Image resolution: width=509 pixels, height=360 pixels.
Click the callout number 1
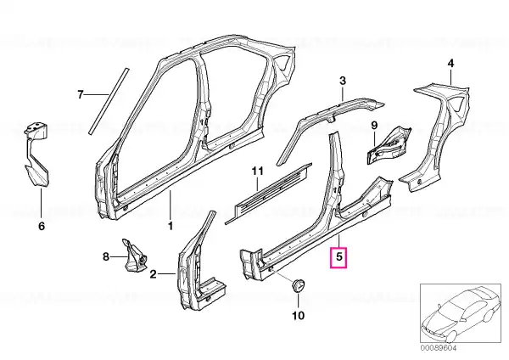tap(171, 226)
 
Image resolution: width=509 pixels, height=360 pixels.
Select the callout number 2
tap(154, 274)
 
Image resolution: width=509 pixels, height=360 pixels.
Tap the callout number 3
tap(343, 81)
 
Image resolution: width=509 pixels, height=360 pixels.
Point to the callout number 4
tap(450, 63)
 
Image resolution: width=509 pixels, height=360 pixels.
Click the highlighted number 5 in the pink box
tap(338, 257)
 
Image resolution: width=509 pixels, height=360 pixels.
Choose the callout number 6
tap(42, 226)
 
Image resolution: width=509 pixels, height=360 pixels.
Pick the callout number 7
tap(81, 94)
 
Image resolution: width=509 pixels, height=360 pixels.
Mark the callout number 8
tap(106, 257)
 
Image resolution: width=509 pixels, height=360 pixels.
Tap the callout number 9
tap(374, 126)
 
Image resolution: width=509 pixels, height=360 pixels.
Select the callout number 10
tap(299, 315)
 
